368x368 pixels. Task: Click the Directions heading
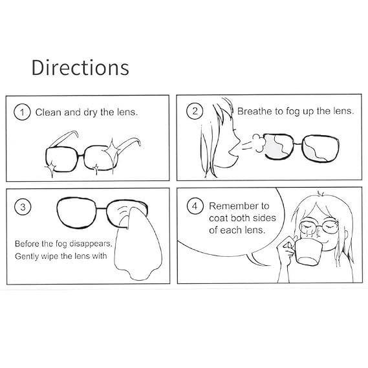(x=80, y=68)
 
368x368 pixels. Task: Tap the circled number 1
(x=22, y=112)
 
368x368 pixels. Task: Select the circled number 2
(x=195, y=111)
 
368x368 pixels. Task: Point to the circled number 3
(x=23, y=207)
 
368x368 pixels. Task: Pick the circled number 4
(x=195, y=206)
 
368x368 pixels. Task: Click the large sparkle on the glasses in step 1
(x=112, y=150)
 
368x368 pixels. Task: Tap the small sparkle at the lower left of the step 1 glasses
(x=51, y=168)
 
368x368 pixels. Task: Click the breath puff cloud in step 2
(x=259, y=143)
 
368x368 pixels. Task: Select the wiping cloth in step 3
(x=138, y=244)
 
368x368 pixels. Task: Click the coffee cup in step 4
(x=307, y=252)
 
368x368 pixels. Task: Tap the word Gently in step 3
(x=27, y=256)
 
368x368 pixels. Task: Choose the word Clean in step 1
(x=48, y=112)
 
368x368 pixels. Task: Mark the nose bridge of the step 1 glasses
(x=80, y=155)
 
